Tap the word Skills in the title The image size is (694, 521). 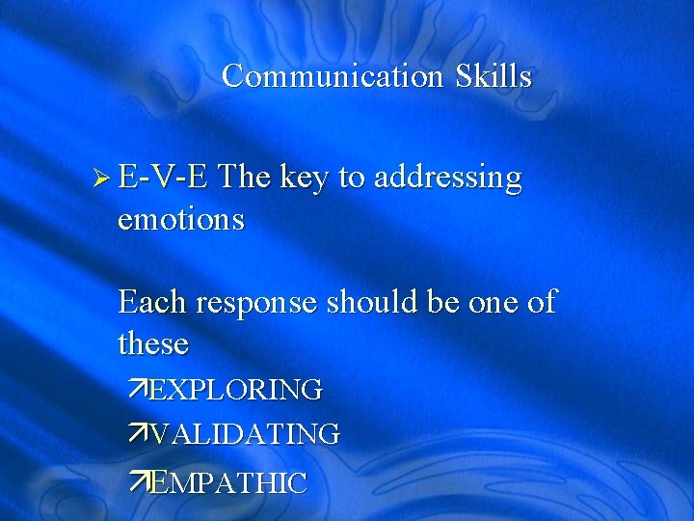point(494,76)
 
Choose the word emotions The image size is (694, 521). point(181,220)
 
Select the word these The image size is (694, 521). point(153,343)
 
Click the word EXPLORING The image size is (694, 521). point(236,391)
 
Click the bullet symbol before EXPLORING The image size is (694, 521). point(140,390)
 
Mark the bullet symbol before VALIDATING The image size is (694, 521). point(140,434)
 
